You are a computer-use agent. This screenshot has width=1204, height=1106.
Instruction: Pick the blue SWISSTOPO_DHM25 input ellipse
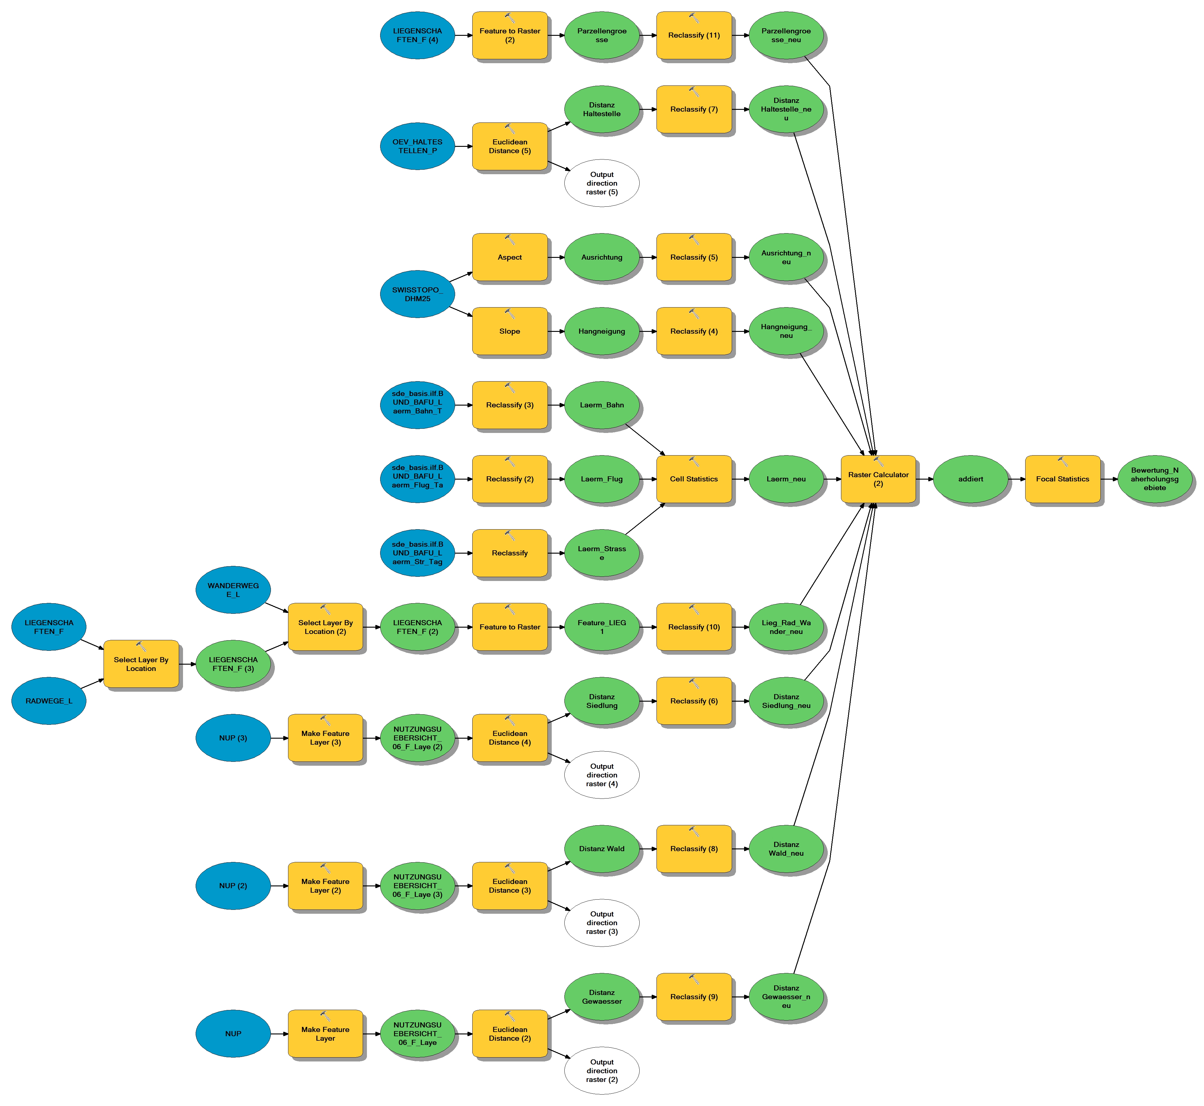[417, 294]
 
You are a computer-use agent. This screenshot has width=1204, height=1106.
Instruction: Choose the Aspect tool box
[510, 257]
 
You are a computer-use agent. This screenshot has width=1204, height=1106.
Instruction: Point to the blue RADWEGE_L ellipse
[48, 701]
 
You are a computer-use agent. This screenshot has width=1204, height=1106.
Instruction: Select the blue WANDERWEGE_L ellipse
[233, 589]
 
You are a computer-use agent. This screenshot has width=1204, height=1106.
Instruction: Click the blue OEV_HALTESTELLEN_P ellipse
[417, 146]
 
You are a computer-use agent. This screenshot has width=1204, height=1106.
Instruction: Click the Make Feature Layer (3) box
[325, 738]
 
